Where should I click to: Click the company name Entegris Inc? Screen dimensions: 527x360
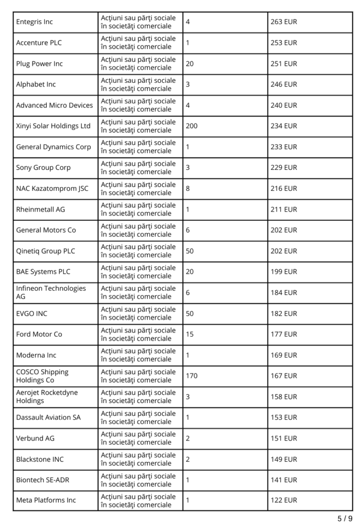35,22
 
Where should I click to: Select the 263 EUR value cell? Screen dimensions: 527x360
284,22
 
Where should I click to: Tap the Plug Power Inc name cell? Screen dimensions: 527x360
39,64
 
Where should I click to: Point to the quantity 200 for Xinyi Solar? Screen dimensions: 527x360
191,126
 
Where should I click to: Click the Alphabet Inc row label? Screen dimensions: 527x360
36,84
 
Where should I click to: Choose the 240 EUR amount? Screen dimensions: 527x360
284,106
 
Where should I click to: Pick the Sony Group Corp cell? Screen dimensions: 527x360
43,168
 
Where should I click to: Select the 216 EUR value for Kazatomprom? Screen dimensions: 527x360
284,189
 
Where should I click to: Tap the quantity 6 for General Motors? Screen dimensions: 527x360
188,231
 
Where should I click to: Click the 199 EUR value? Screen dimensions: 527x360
284,272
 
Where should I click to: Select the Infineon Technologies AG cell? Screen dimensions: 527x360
51,292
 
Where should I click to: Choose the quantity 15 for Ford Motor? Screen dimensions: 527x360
190,335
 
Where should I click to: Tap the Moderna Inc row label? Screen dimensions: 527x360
36,355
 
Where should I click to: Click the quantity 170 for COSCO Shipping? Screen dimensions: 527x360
191,376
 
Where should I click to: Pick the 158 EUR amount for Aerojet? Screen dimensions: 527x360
284,397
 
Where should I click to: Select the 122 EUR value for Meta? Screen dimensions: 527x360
284,500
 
